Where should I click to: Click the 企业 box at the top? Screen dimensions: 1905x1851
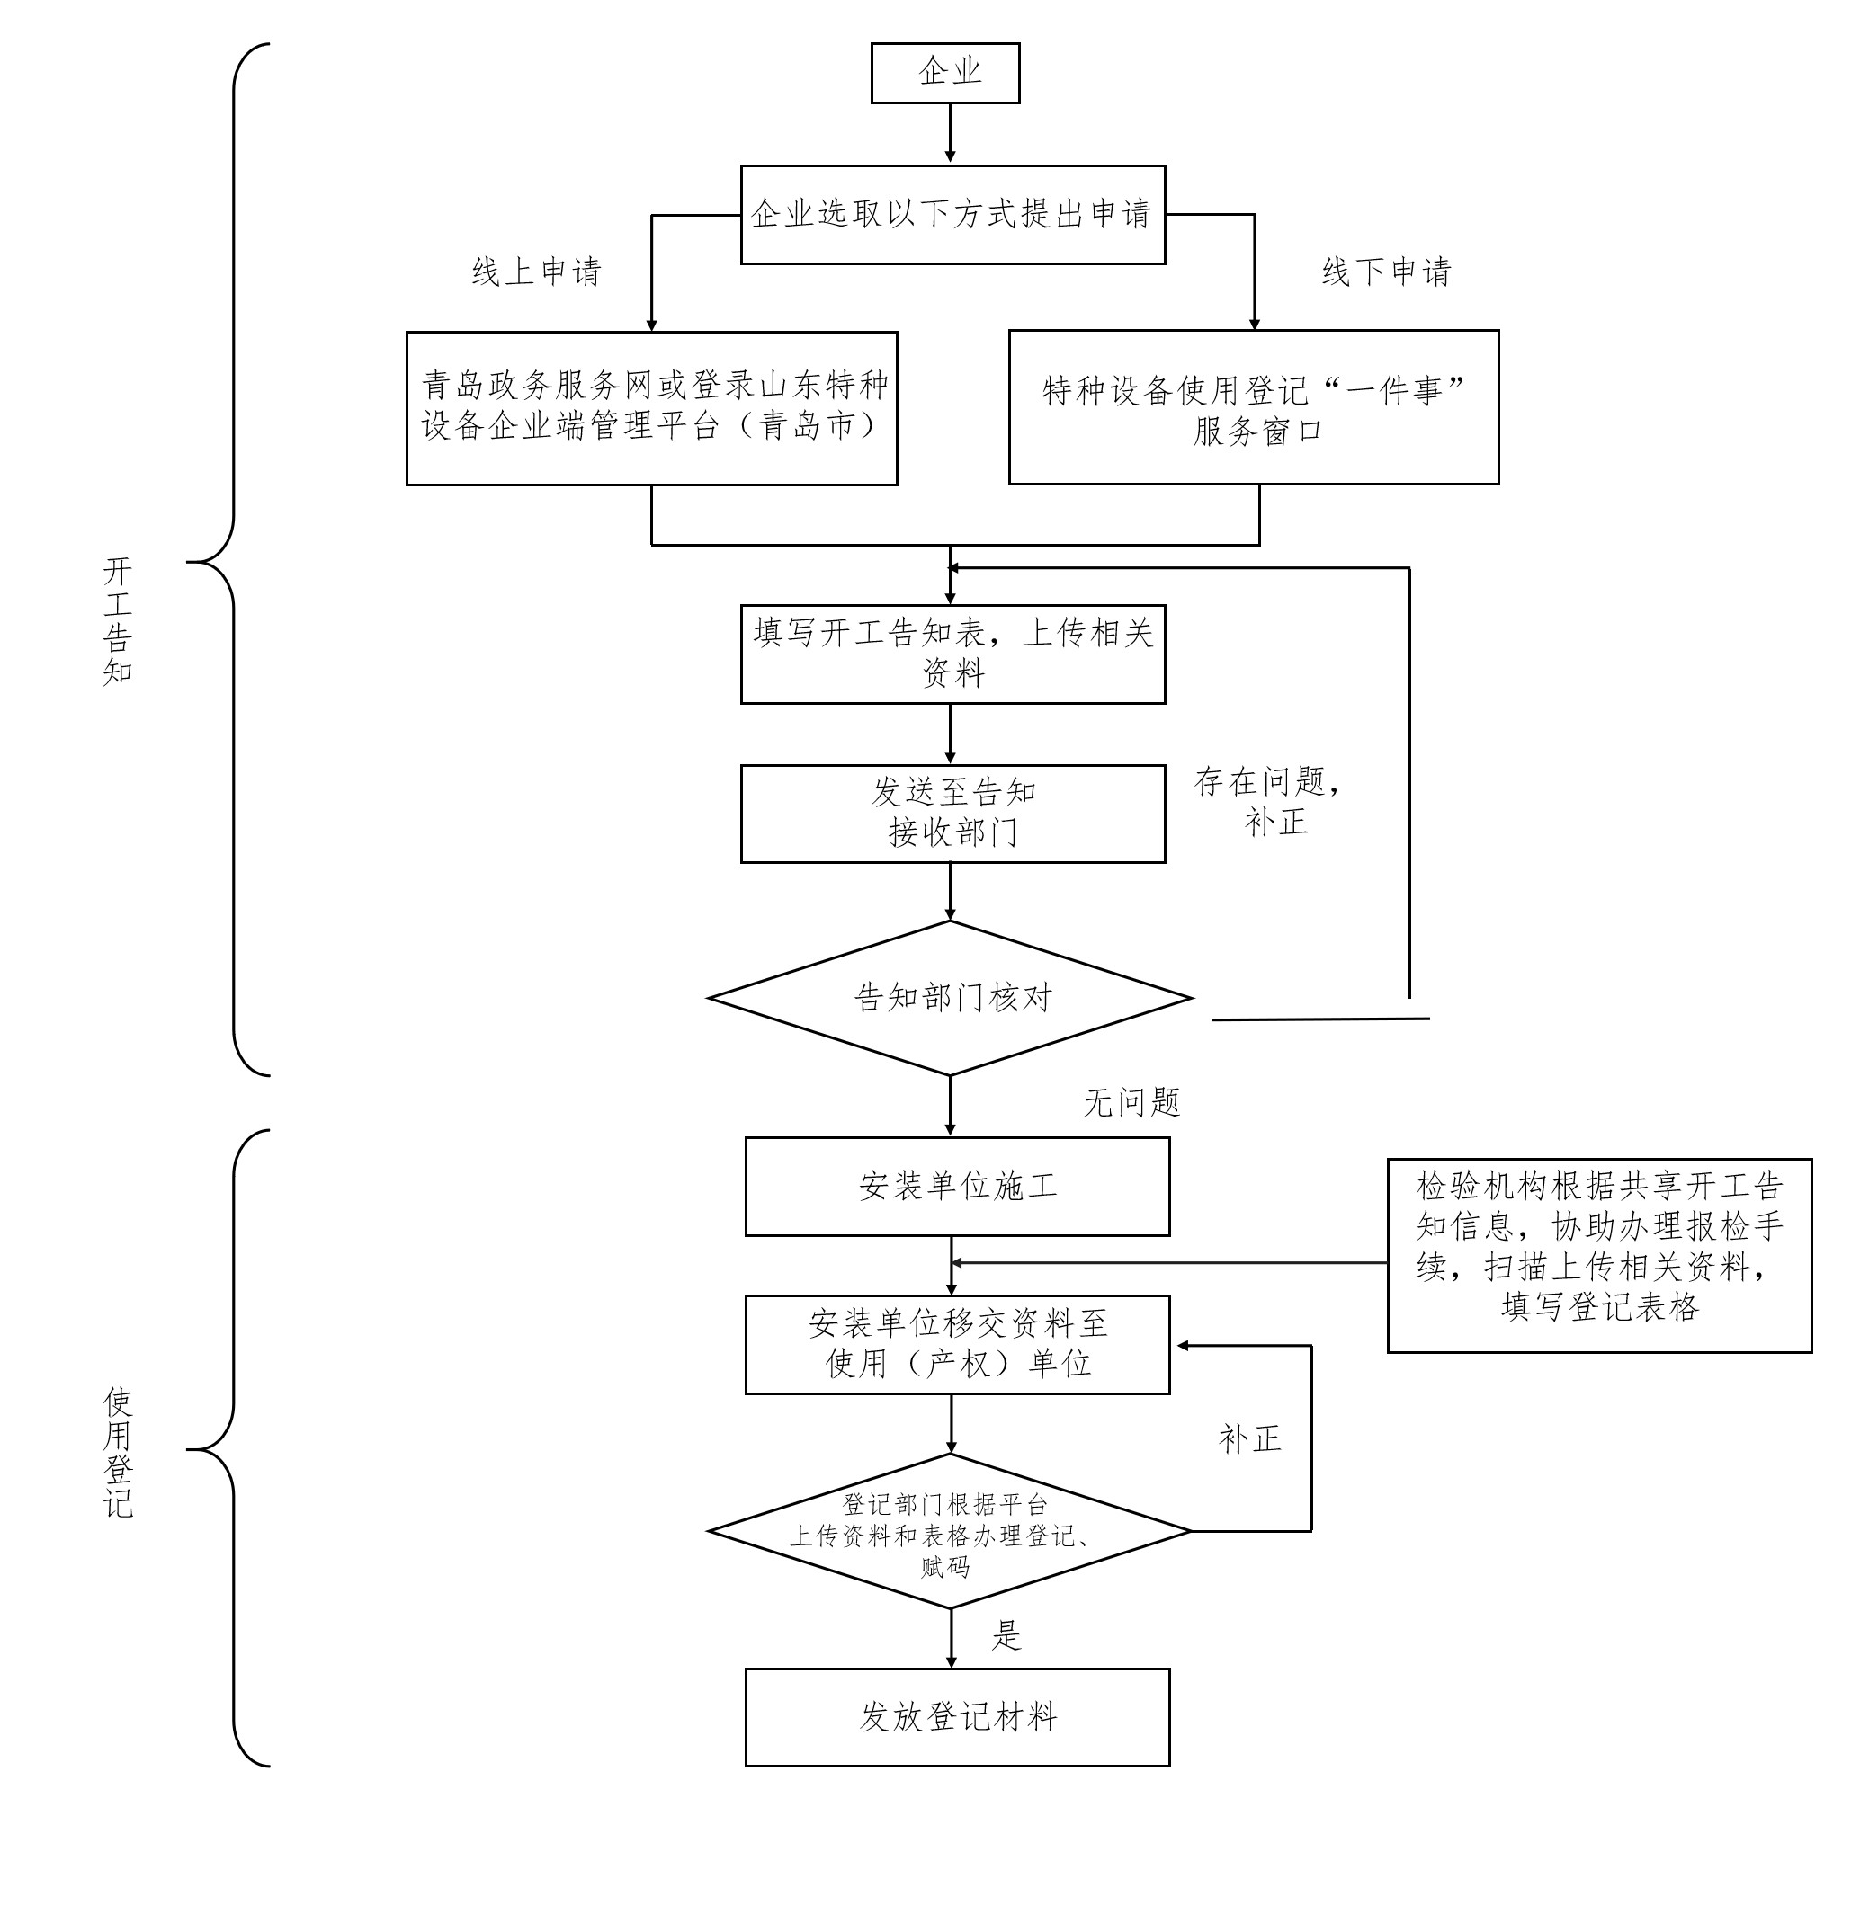(x=944, y=73)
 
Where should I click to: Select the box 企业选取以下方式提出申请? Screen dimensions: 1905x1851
(x=952, y=215)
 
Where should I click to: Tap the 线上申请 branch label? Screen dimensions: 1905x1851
(x=537, y=272)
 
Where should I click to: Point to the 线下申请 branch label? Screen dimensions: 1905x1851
(x=1385, y=272)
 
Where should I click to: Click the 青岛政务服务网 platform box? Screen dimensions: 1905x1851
(x=651, y=408)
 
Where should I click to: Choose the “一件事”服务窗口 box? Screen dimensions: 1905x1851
(x=1253, y=407)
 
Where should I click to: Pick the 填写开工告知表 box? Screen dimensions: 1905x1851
(x=952, y=654)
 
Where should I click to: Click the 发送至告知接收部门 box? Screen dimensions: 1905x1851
(x=952, y=814)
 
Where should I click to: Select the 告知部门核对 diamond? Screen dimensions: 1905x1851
(x=950, y=998)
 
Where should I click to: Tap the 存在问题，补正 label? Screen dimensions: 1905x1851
(x=1269, y=802)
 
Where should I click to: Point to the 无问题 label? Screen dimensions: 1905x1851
(x=1131, y=1102)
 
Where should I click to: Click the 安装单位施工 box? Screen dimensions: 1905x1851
(x=957, y=1187)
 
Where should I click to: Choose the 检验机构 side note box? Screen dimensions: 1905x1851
(x=1598, y=1255)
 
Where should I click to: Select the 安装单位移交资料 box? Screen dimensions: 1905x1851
(x=957, y=1344)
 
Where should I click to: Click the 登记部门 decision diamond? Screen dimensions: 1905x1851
(x=950, y=1532)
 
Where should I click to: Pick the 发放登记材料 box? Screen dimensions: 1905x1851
(x=957, y=1717)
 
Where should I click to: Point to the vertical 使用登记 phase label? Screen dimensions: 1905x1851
(x=118, y=1452)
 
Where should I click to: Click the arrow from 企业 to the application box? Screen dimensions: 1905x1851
(x=950, y=133)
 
